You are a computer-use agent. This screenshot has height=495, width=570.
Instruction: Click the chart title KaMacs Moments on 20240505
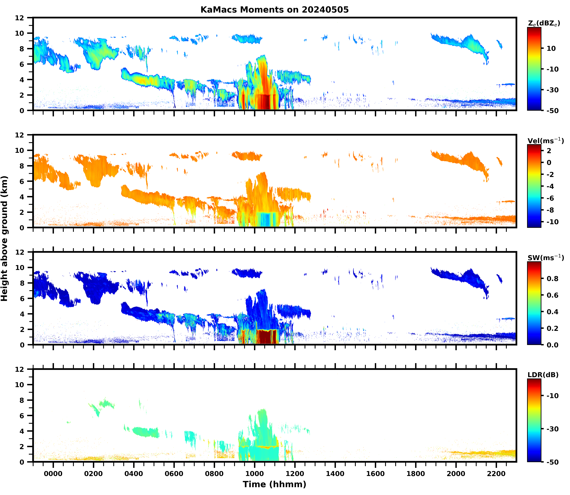point(274,10)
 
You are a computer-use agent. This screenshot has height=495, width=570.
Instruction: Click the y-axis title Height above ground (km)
point(4,238)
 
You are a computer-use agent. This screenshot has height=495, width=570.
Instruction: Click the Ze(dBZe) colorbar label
point(544,23)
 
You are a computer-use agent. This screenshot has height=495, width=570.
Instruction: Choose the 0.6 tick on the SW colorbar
point(552,295)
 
